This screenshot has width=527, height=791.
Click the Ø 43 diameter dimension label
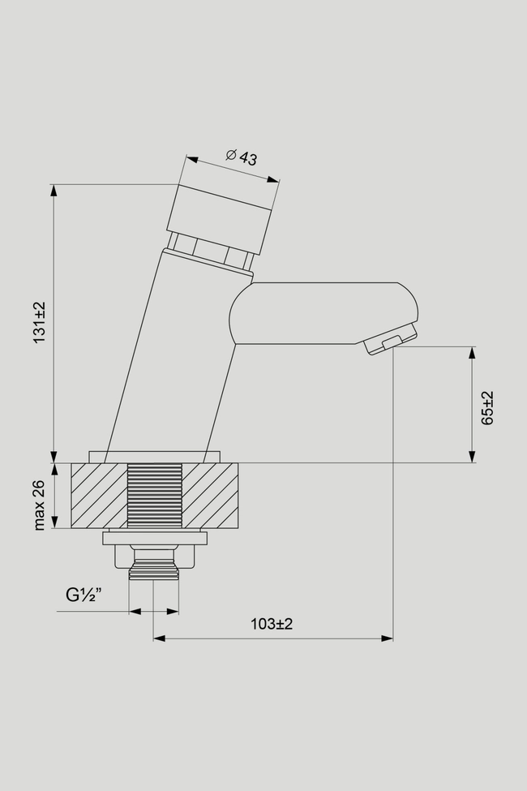tap(242, 157)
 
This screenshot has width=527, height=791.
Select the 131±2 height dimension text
tap(40, 322)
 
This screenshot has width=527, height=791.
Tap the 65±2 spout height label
tap(487, 408)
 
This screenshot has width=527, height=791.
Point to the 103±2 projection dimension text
tap(272, 624)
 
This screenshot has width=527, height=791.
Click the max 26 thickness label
tap(40, 505)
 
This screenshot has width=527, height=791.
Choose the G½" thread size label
tap(84, 595)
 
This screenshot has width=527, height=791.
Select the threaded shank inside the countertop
tap(154, 496)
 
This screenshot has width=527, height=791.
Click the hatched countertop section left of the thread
tap(99, 496)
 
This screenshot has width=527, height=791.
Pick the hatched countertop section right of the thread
tap(210, 496)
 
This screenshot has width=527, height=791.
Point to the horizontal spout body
tap(323, 313)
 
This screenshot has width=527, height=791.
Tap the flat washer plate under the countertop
tap(155, 538)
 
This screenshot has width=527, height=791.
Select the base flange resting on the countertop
tap(155, 457)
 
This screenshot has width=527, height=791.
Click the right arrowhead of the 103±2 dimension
tap(387, 638)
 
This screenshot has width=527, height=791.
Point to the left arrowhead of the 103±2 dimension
tap(160, 638)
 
